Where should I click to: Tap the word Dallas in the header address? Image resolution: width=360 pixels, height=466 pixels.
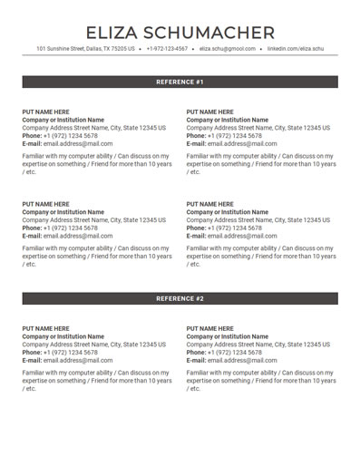(x=93, y=49)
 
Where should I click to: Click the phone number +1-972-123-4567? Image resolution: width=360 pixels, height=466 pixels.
(x=167, y=49)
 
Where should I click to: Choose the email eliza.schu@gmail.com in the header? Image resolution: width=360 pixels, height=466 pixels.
(x=227, y=49)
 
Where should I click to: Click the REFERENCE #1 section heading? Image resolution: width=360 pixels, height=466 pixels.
(x=180, y=82)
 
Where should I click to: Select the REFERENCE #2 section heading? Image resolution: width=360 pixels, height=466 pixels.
(x=180, y=298)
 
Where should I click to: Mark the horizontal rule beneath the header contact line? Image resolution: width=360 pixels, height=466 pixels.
(x=180, y=56)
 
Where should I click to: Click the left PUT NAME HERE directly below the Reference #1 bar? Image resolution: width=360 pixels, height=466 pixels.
(x=45, y=112)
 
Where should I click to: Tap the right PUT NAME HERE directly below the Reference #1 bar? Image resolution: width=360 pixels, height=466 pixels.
(x=209, y=112)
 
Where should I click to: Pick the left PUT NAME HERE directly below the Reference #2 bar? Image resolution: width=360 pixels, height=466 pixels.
(x=45, y=328)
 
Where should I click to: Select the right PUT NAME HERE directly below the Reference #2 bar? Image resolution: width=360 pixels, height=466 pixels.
(x=209, y=328)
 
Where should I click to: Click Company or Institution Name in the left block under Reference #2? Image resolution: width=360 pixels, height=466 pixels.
(x=63, y=336)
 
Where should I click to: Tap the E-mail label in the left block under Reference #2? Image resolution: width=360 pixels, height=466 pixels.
(x=32, y=361)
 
